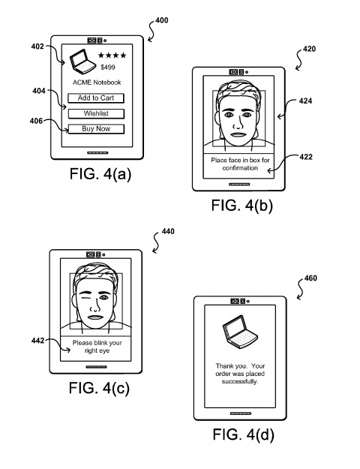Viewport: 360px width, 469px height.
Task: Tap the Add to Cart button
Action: (x=96, y=98)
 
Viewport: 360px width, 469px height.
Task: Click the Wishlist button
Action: (x=96, y=113)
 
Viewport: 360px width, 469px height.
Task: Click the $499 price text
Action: (x=108, y=68)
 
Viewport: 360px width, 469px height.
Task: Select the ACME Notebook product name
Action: (x=97, y=83)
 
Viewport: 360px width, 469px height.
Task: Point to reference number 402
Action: (x=37, y=47)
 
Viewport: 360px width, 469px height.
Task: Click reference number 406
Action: (x=36, y=121)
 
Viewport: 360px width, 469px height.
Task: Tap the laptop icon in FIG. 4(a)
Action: (x=82, y=62)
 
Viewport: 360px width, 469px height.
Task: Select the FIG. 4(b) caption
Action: (x=242, y=206)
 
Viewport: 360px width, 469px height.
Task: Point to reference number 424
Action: (x=305, y=101)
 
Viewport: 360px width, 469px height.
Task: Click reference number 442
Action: (x=37, y=341)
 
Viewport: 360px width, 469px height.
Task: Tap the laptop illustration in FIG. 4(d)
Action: (x=240, y=332)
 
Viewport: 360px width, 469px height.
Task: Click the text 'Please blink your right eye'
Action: (x=97, y=347)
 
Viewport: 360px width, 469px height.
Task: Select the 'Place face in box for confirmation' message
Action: (x=240, y=164)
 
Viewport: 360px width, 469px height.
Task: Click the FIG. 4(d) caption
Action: (x=244, y=434)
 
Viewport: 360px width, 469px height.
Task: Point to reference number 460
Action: (x=310, y=278)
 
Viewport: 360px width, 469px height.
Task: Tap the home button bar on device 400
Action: (x=97, y=153)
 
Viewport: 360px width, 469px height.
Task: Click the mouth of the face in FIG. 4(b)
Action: (x=238, y=134)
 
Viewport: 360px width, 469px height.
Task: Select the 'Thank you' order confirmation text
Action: (x=240, y=374)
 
